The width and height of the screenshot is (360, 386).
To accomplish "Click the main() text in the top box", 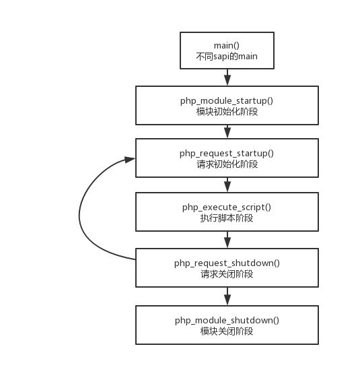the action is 227,46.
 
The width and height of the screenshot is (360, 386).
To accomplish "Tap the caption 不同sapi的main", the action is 227,57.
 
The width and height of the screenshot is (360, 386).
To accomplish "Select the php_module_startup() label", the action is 227,100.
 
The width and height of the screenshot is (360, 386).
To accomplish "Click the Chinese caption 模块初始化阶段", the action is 227,112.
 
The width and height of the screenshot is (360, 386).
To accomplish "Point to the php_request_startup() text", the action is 227,153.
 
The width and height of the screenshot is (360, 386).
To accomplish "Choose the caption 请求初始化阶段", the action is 227,164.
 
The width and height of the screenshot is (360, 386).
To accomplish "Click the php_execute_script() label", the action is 227,207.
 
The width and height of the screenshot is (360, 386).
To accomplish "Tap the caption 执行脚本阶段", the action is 227,218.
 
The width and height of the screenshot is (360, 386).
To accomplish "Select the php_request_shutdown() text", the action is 227,263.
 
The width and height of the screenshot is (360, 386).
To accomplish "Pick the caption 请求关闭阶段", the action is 227,274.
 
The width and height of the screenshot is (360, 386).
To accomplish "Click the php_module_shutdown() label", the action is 227,320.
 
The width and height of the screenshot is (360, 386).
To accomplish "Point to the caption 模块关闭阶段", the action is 227,331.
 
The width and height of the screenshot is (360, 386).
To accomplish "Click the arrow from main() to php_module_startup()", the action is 227,77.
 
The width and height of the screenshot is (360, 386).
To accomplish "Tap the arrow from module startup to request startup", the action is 227,131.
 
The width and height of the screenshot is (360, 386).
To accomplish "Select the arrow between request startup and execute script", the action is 227,185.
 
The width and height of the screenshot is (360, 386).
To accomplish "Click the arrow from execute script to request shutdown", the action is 227,240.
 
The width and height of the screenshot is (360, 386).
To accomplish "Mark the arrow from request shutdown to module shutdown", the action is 227,296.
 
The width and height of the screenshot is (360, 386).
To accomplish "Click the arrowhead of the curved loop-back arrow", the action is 130,160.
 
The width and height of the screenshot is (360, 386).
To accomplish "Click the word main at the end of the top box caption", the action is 248,57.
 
